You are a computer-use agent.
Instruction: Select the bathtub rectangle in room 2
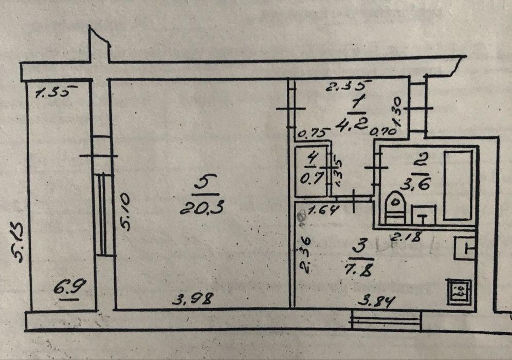pyautogui.click(x=458, y=185)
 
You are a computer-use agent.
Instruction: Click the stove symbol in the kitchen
pyautogui.click(x=460, y=291)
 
